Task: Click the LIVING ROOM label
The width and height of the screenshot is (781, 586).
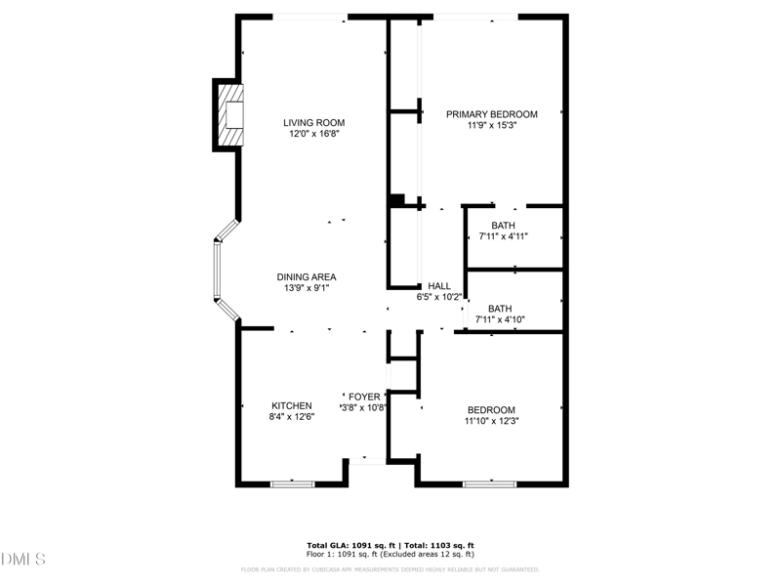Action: click(314, 122)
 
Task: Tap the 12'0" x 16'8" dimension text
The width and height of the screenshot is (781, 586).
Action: click(314, 135)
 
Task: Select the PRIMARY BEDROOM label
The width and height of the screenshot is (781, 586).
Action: click(491, 114)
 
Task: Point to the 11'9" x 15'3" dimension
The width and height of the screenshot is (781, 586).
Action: click(491, 126)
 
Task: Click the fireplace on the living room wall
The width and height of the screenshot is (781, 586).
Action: click(230, 115)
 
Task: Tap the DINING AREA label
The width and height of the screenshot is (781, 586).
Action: click(307, 276)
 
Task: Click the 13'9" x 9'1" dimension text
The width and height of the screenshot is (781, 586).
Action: click(307, 288)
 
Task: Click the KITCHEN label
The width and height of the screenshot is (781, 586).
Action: click(291, 405)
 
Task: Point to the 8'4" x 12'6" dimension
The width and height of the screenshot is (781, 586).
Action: click(291, 417)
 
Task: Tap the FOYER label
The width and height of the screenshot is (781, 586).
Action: click(364, 397)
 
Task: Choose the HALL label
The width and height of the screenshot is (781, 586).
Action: click(439, 285)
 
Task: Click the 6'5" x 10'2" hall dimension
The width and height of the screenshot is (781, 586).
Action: click(439, 297)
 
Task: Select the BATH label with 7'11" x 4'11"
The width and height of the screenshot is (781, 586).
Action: click(503, 226)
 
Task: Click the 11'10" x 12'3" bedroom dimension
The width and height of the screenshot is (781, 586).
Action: click(490, 421)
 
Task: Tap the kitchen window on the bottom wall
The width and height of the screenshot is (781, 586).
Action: click(292, 482)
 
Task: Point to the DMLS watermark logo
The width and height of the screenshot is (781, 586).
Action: click(23, 559)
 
